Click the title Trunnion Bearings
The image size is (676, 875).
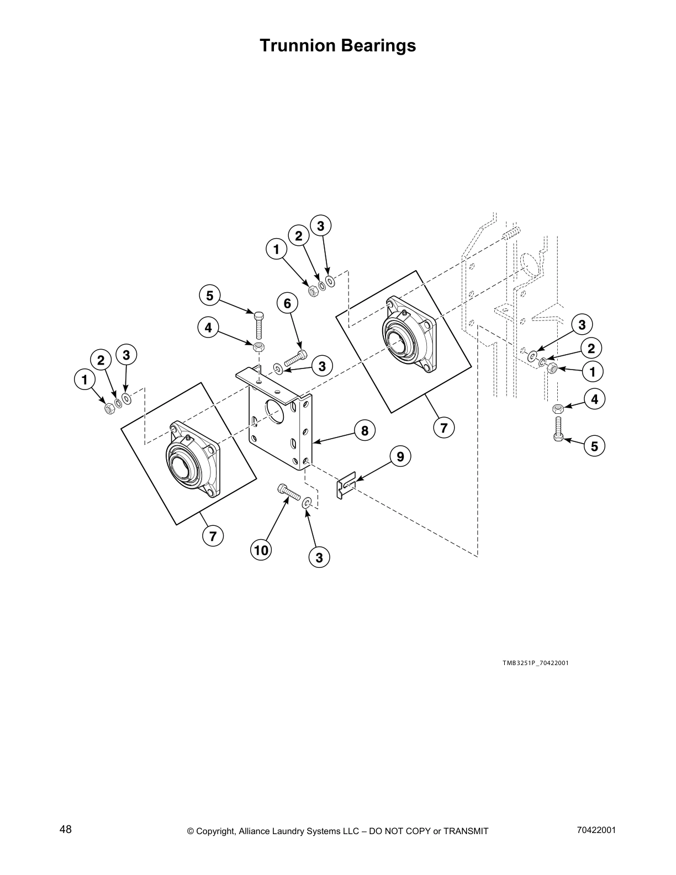(337, 45)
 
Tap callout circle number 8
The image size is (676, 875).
(365, 430)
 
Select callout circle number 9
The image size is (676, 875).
(400, 456)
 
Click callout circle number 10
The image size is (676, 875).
(261, 550)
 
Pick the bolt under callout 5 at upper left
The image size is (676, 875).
(258, 324)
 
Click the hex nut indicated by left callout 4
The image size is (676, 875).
(258, 347)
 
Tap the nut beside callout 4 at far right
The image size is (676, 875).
(557, 408)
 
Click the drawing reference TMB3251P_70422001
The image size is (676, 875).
(535, 663)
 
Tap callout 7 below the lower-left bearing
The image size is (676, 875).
(213, 535)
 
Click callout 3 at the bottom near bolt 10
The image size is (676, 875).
(319, 557)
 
